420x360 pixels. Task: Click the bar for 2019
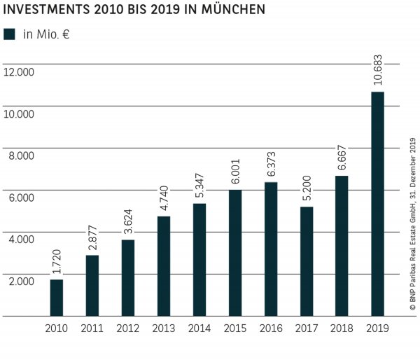point(377,204)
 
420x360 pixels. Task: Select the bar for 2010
point(57,298)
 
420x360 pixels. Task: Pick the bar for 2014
point(199,259)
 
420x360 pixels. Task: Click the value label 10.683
point(377,69)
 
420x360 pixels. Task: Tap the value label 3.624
point(127,217)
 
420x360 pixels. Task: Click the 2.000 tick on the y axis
point(21,281)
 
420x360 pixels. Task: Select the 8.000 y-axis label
point(21,155)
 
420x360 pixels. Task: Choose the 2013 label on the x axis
point(163,328)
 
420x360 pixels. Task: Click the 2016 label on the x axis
point(270,328)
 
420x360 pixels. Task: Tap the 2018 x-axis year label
point(342,328)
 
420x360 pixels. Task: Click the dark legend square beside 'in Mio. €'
point(9,34)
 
